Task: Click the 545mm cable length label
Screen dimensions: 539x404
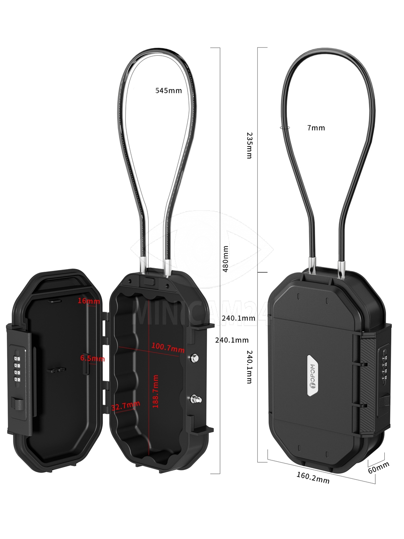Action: pos(168,90)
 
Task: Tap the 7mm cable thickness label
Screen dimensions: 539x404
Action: pos(316,128)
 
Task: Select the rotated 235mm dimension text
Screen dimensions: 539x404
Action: pos(250,145)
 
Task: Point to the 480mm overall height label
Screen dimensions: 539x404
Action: pos(226,258)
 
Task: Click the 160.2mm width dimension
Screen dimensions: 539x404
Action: pos(312,477)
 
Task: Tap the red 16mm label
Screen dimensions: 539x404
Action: pos(88,301)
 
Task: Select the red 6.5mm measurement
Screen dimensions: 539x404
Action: pos(92,358)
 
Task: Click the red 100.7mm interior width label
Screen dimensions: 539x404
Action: pos(167,347)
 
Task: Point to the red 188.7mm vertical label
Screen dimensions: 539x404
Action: pos(156,392)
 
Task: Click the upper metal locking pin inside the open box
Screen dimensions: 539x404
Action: pos(194,358)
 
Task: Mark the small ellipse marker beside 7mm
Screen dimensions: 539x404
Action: pos(285,128)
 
